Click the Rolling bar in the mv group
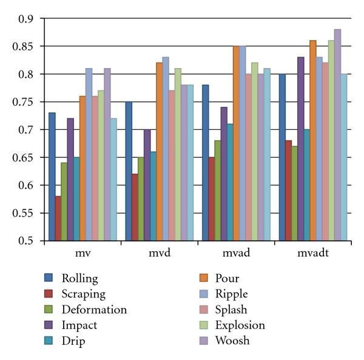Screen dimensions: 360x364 pyautogui.click(x=52, y=177)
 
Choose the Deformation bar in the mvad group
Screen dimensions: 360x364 pyautogui.click(x=218, y=191)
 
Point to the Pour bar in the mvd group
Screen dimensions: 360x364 pyautogui.click(x=160, y=152)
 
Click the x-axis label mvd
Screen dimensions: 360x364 pyautogui.click(x=159, y=253)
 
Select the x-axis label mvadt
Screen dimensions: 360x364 pyautogui.click(x=312, y=253)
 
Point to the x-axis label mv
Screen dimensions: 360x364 pyautogui.click(x=83, y=253)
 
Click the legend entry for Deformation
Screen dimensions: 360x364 pyautogui.click(x=93, y=310)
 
